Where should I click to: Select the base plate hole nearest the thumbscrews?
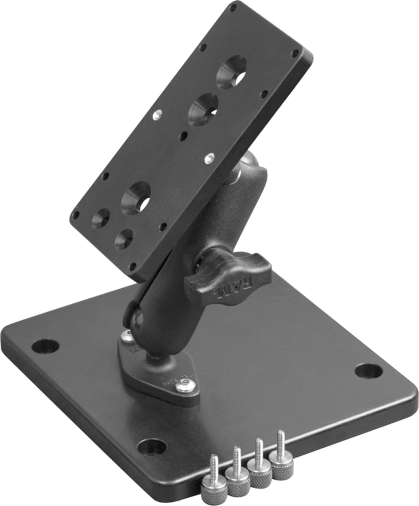[x=152, y=446]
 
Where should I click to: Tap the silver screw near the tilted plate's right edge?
[x=209, y=158]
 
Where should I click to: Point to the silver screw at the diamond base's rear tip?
[x=127, y=337]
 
